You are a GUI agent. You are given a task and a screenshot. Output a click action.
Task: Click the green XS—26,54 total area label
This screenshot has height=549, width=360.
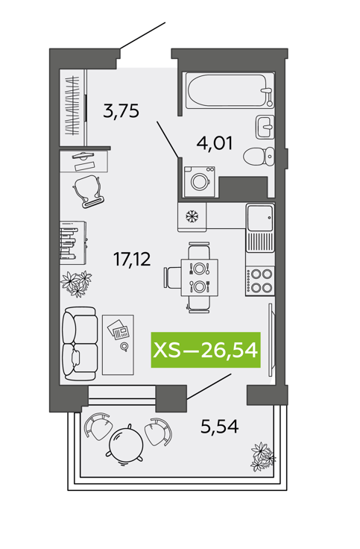[206, 350]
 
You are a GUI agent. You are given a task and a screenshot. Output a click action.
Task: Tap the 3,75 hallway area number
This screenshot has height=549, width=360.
[121, 110]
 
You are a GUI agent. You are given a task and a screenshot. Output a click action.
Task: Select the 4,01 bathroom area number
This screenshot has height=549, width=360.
[215, 143]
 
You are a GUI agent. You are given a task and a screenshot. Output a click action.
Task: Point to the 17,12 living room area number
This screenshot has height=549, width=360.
[132, 260]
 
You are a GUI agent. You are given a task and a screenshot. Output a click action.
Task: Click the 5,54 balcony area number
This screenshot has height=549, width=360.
[219, 426]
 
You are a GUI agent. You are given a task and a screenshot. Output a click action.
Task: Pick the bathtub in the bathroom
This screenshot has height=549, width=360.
[230, 90]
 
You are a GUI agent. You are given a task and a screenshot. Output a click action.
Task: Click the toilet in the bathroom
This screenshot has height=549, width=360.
[259, 156]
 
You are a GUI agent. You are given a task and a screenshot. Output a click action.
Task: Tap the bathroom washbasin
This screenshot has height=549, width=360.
[265, 127]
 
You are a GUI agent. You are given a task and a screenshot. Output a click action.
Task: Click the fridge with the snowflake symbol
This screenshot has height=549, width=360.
[192, 217]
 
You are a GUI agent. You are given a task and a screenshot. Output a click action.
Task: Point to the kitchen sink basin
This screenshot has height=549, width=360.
[260, 218]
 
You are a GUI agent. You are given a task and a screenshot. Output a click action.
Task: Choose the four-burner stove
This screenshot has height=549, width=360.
[260, 281]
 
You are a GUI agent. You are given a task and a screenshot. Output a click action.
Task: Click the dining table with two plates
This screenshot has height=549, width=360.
[200, 277]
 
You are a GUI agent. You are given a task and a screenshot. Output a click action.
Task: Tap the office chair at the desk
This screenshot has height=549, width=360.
[89, 190]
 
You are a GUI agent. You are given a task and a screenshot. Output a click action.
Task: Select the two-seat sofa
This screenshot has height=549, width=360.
[79, 343]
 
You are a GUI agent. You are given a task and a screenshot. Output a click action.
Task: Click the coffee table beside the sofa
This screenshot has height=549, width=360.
[118, 345]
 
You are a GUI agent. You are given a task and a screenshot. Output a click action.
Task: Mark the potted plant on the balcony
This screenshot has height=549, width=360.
[263, 457]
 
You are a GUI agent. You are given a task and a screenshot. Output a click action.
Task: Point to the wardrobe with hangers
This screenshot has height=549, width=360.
[74, 107]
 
